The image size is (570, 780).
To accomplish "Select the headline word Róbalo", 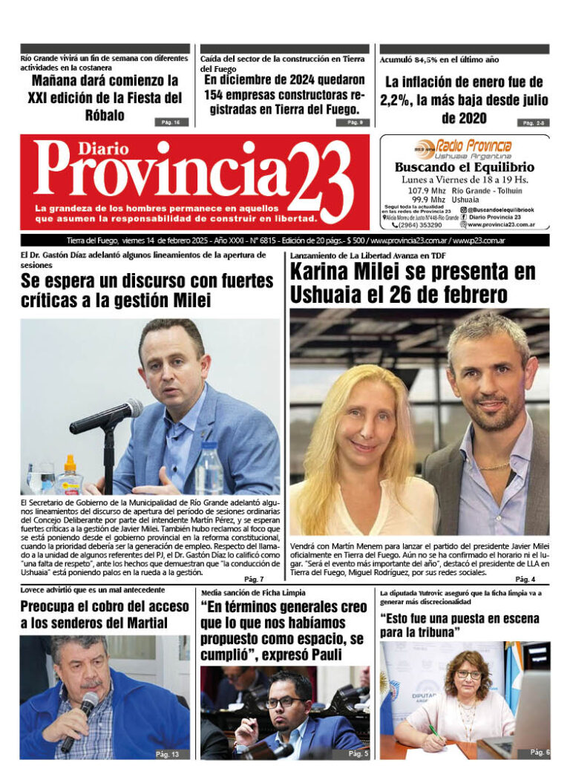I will [x=104, y=115].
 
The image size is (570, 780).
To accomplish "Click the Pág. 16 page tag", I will [x=167, y=122].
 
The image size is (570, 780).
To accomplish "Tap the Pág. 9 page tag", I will [x=348, y=122].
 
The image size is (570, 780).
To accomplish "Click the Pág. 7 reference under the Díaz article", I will [x=253, y=579].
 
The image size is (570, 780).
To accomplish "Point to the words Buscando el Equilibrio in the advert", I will [x=464, y=168].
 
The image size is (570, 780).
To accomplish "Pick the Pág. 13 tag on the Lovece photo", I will [x=167, y=754].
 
